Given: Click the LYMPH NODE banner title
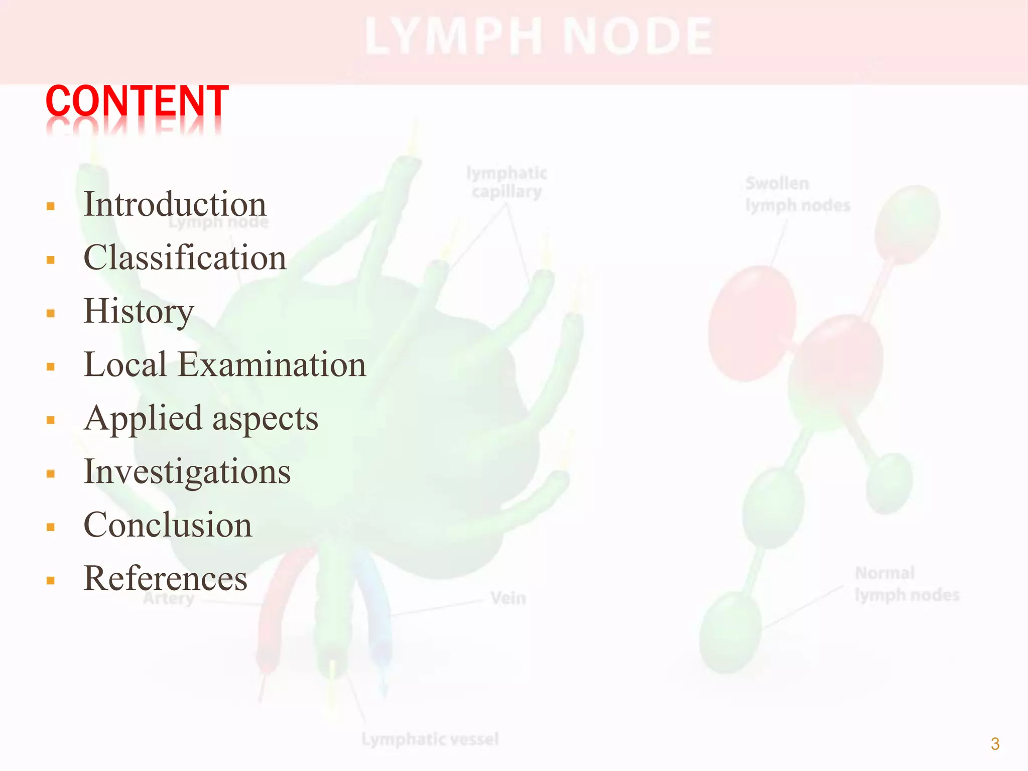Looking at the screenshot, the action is pyautogui.click(x=539, y=37).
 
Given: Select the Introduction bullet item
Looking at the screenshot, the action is pyautogui.click(x=175, y=204).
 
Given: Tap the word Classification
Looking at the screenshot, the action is pyautogui.click(x=185, y=258).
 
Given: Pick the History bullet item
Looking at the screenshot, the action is pyautogui.click(x=139, y=311).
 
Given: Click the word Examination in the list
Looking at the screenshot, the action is pyautogui.click(x=272, y=364).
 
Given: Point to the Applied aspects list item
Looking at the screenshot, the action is pyautogui.click(x=201, y=419).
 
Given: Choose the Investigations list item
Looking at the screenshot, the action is pyautogui.click(x=187, y=472).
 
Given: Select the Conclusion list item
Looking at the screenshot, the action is pyautogui.click(x=168, y=525).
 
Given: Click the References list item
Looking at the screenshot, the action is pyautogui.click(x=165, y=578).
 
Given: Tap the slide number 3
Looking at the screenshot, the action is pyautogui.click(x=995, y=743).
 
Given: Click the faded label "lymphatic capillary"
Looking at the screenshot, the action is pyautogui.click(x=506, y=182).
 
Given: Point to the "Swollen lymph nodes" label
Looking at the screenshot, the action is pyautogui.click(x=797, y=194).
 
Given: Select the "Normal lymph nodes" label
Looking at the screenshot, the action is pyautogui.click(x=907, y=584).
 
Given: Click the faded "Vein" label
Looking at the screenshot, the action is pyautogui.click(x=508, y=598).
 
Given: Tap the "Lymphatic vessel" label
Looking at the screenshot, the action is pyautogui.click(x=430, y=739).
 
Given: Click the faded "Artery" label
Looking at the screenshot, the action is pyautogui.click(x=169, y=598).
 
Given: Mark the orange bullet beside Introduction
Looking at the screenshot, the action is pyautogui.click(x=50, y=206).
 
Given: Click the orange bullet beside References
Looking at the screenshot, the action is pyautogui.click(x=50, y=580).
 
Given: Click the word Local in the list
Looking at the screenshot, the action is pyautogui.click(x=125, y=364).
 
